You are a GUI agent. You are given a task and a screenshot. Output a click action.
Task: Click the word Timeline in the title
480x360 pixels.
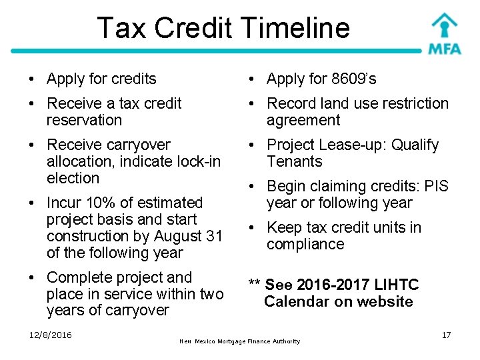[x=298, y=28]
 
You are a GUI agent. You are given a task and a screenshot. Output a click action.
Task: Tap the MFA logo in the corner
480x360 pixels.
[x=443, y=33]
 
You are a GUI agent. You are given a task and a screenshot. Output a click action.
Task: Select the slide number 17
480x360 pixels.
[x=446, y=335]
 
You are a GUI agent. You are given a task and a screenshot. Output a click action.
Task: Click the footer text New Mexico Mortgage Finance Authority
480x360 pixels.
[x=240, y=341]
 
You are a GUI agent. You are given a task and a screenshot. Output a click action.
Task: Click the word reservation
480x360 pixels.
[x=85, y=121]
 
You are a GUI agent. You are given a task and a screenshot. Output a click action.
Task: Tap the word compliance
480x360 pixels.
[x=305, y=244]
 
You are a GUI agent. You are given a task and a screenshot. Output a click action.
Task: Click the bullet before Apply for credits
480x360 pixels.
[x=33, y=79]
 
